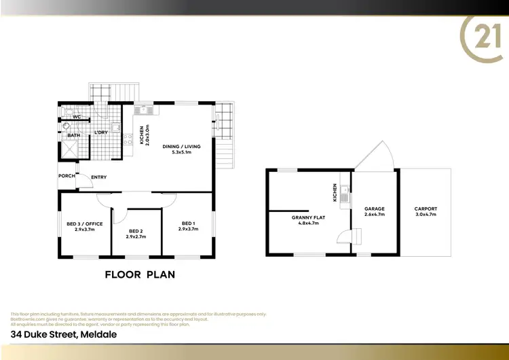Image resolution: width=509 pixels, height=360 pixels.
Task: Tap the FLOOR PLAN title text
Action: (140, 274)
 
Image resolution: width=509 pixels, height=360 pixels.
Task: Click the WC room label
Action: (77, 117)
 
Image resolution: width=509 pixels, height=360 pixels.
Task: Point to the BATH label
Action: (73, 135)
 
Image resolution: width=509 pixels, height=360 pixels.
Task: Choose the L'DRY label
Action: (101, 132)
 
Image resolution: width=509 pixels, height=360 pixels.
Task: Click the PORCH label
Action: (67, 176)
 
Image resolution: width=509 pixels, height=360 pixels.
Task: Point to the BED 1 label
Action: (188, 223)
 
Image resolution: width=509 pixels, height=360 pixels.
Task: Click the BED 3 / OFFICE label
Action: (84, 223)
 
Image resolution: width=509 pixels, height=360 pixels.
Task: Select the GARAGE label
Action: (375, 209)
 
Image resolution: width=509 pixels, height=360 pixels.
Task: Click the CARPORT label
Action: (426, 209)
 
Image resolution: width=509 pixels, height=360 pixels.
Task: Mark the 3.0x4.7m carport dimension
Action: (426, 215)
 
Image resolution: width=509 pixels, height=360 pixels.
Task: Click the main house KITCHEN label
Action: (142, 135)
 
